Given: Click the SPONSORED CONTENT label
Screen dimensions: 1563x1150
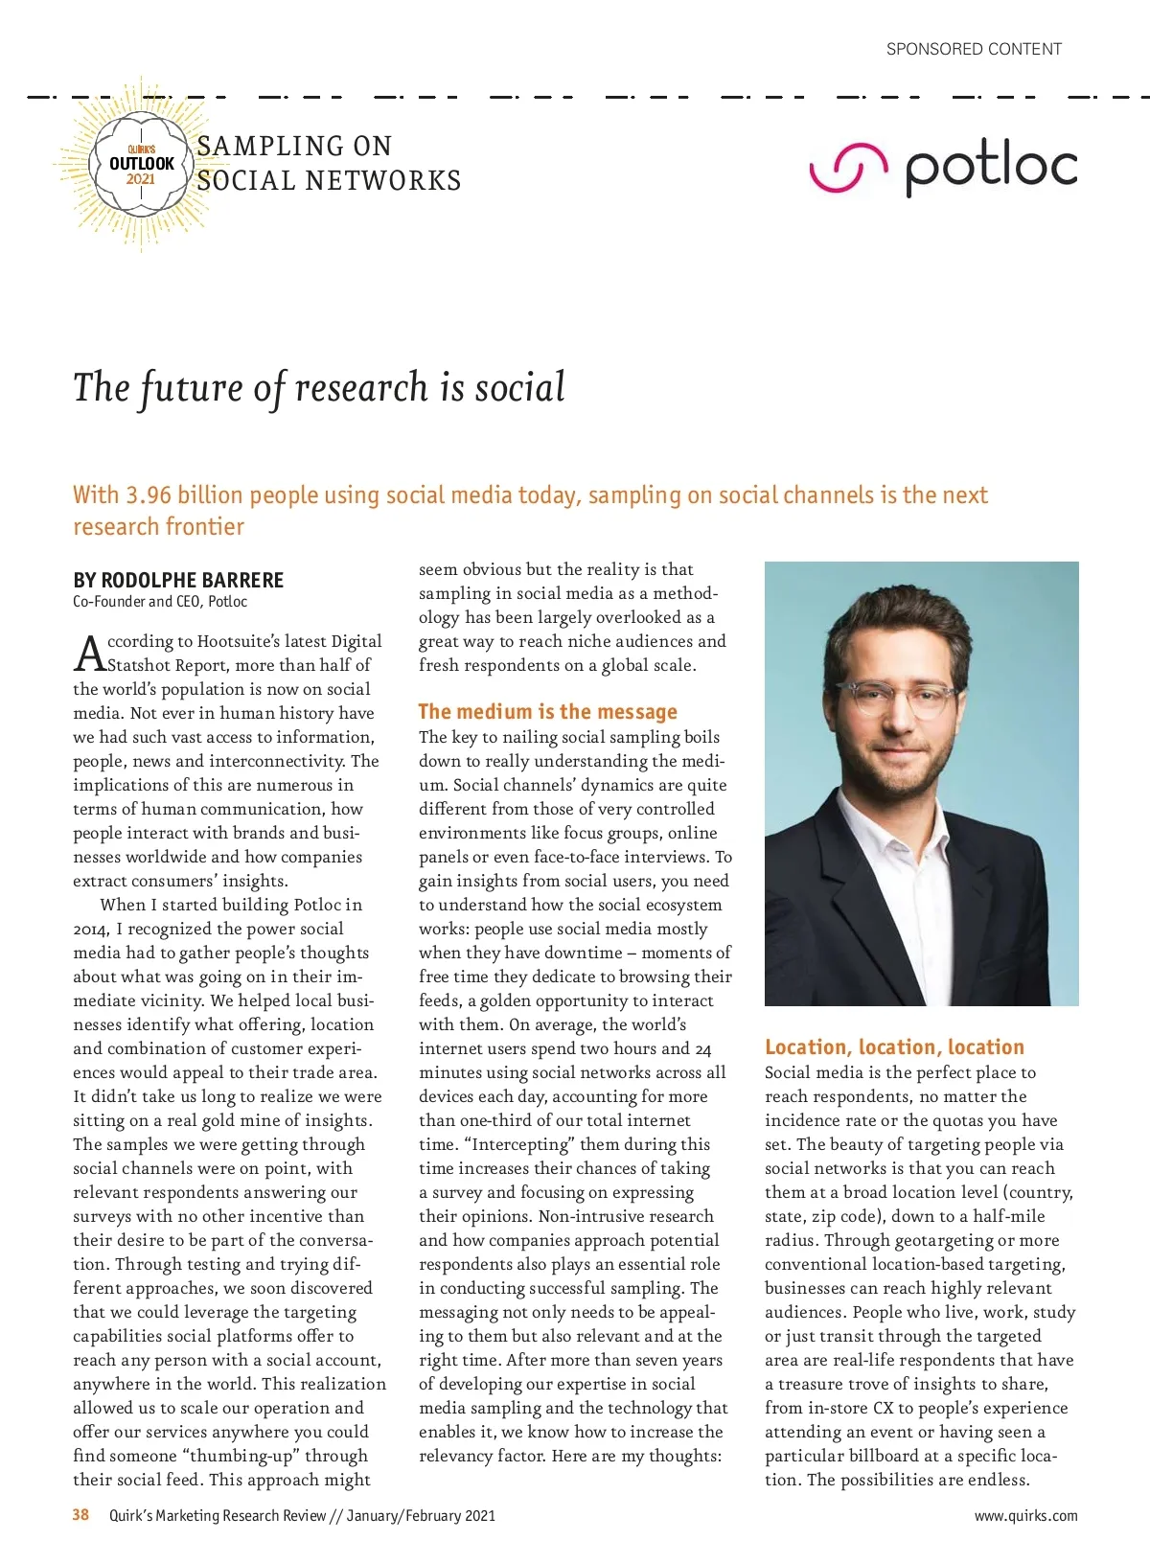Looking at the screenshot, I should click(974, 49).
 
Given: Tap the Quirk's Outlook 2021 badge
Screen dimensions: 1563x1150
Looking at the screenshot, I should click(142, 165).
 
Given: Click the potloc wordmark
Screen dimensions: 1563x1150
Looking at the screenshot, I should click(992, 169).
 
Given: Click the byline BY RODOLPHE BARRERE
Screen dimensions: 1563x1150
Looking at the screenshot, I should click(178, 580).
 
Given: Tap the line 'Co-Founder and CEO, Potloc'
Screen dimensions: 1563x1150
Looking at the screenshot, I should click(160, 602).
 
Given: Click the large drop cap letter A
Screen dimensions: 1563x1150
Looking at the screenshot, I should click(89, 654).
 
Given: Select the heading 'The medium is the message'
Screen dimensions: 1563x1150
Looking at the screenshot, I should click(547, 711).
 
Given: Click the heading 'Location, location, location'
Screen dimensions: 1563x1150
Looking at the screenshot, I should click(894, 1046).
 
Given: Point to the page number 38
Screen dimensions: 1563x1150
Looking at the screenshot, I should click(80, 1514).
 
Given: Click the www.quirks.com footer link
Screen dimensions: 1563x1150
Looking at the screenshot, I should click(1025, 1516).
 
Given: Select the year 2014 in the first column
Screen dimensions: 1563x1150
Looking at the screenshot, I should click(91, 929).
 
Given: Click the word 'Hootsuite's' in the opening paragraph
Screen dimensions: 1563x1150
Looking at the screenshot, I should click(240, 641).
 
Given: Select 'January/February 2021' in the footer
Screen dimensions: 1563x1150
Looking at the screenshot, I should click(421, 1516).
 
